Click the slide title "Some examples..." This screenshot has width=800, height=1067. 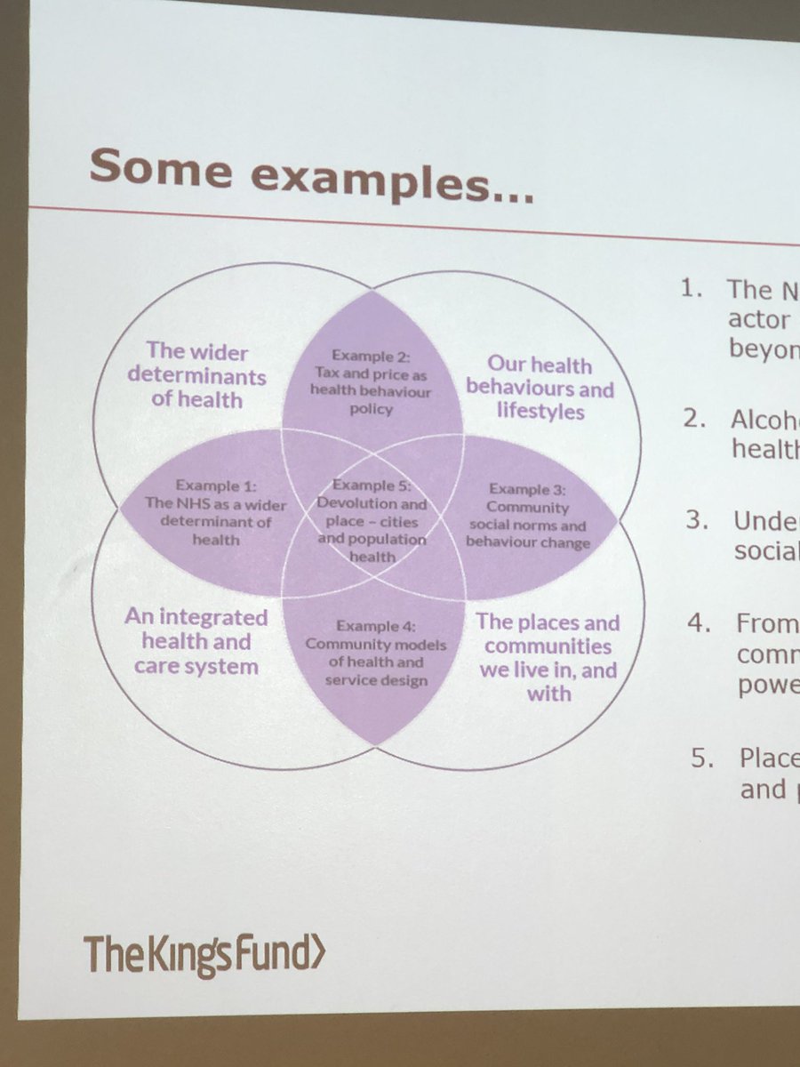(311, 174)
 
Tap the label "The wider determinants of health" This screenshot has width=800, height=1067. (196, 375)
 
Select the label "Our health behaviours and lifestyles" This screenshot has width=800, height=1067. (540, 388)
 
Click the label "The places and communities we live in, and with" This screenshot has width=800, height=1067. (548, 658)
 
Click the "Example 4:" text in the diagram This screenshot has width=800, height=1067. (374, 626)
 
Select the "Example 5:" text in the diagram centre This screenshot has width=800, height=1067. (373, 485)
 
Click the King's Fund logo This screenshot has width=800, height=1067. (204, 955)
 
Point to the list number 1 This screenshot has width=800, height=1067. (691, 289)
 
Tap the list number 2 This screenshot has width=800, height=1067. (693, 419)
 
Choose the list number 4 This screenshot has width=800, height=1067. (699, 624)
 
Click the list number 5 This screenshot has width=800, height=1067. (703, 758)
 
